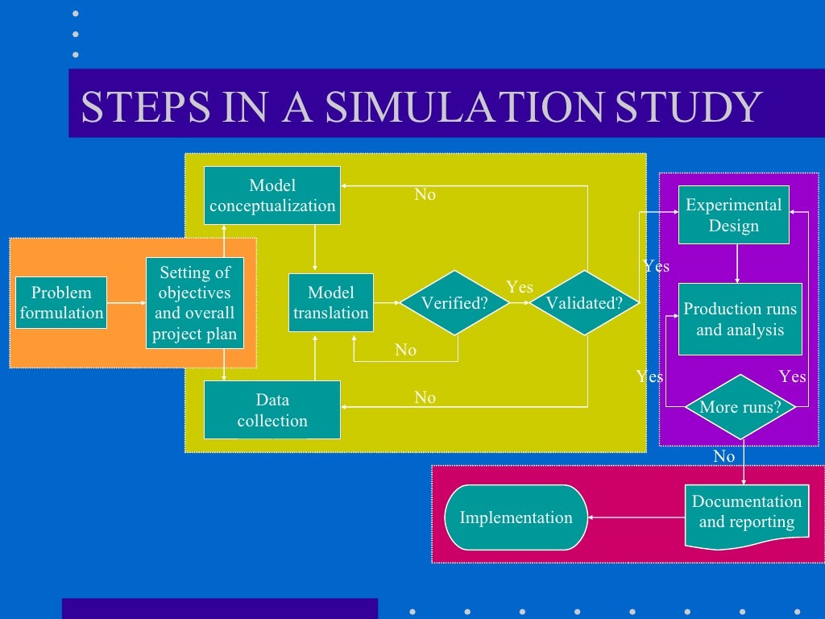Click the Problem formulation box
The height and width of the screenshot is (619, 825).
61,302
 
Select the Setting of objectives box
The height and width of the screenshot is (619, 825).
195,303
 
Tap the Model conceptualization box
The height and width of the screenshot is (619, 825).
272,195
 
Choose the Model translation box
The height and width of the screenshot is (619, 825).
331,302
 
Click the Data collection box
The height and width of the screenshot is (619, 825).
272,409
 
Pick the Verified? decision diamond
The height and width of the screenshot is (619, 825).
455,303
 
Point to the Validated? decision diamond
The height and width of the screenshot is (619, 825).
584,303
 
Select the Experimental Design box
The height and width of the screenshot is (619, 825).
733,214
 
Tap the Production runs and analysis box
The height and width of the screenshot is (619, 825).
740,319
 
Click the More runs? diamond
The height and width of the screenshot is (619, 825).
740,407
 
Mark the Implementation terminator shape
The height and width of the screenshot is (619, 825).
516,517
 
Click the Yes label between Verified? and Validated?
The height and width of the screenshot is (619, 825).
520,287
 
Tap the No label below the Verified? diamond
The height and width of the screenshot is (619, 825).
406,350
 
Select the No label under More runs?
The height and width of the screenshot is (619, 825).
724,456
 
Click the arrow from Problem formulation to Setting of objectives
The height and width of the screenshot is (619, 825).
126,303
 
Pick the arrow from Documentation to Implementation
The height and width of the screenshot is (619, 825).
636,517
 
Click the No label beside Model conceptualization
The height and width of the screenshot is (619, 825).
425,194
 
